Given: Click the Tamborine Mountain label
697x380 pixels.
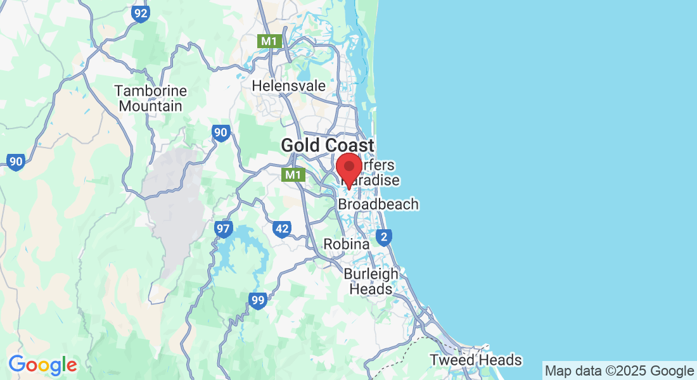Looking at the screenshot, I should (151, 98).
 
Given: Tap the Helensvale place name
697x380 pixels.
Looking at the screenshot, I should (289, 85).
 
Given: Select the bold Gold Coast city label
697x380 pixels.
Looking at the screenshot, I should (328, 145).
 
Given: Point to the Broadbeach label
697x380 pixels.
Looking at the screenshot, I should (378, 205).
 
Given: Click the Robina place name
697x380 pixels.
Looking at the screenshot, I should (347, 244).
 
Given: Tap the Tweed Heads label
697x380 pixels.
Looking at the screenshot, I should (476, 360).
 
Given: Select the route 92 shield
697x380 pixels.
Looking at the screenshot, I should (141, 14).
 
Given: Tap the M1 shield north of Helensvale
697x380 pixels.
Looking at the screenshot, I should (270, 41).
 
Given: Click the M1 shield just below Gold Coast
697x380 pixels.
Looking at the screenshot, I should (293, 174).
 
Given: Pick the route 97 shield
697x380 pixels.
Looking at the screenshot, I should (223, 229).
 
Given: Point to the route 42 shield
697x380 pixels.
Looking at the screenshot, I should (282, 229).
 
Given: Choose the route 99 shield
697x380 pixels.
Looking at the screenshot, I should (257, 301).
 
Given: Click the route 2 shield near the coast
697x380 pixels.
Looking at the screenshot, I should (383, 237).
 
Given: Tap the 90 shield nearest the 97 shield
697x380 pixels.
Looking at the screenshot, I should (221, 133).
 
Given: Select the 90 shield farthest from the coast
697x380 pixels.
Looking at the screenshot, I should (16, 162).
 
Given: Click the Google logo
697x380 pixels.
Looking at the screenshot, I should (42, 365).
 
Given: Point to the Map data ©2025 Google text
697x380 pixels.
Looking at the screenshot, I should (620, 370).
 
